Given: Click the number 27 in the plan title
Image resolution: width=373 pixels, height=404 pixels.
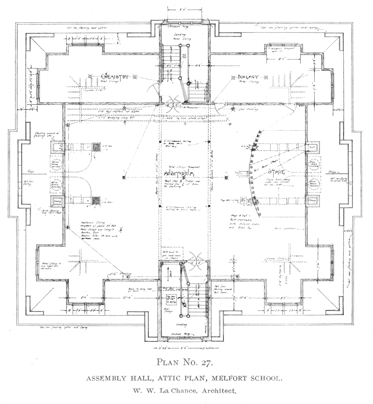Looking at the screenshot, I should click(x=207, y=363).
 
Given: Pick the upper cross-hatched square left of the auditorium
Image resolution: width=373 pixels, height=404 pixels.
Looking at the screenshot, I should click(x=98, y=147).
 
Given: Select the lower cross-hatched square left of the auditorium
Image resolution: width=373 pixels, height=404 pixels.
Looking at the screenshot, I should click(x=98, y=201).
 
